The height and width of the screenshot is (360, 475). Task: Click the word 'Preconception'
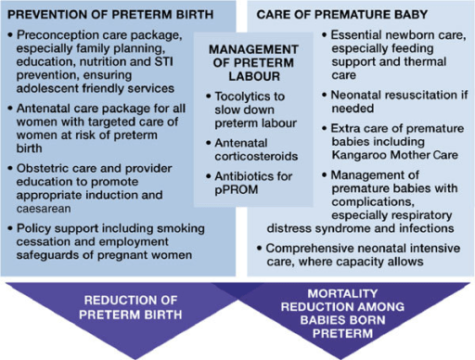(58, 34)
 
